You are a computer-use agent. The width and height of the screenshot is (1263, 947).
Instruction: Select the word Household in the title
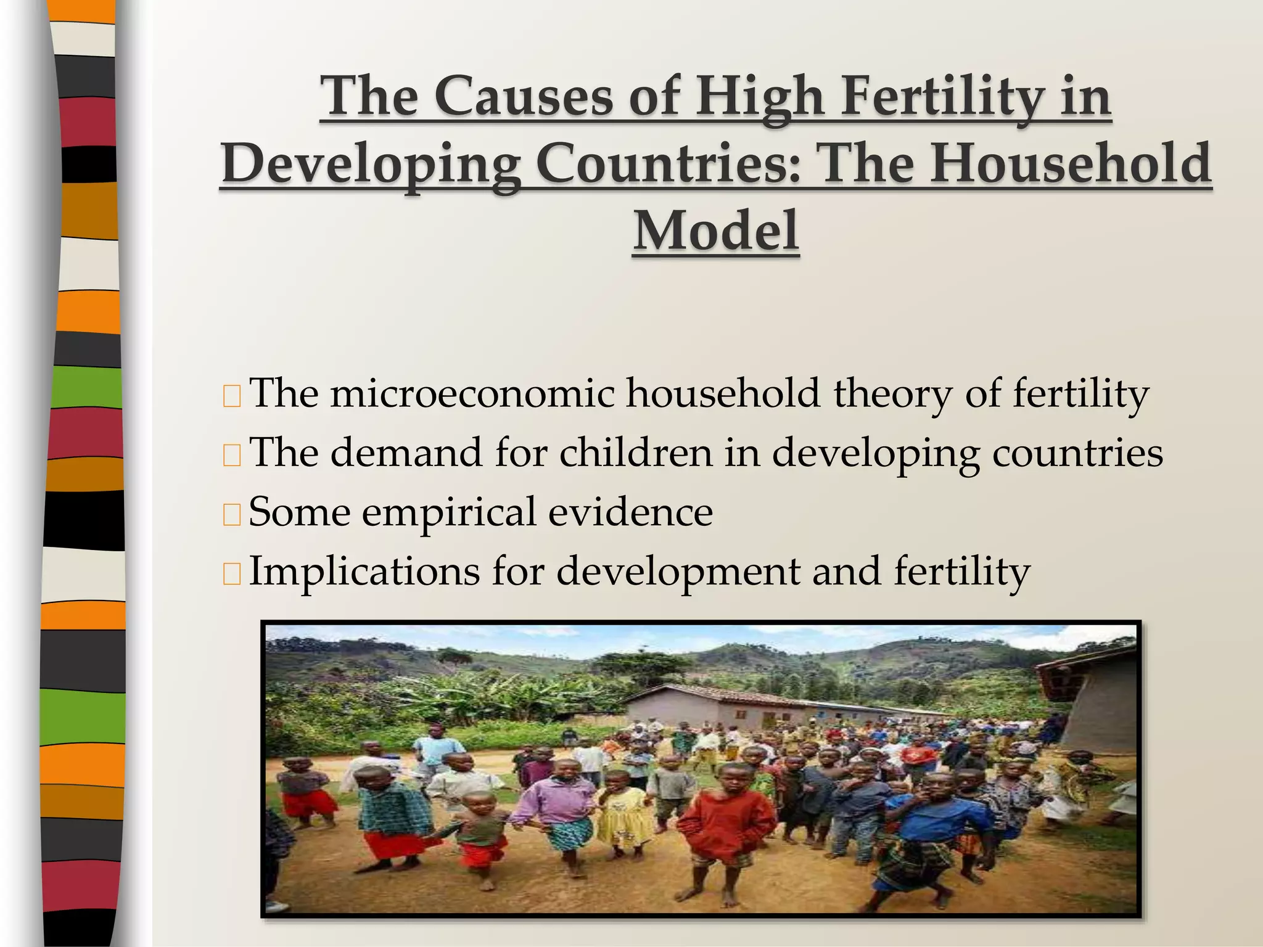(x=1071, y=163)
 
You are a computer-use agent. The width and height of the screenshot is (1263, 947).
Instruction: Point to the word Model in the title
(x=716, y=231)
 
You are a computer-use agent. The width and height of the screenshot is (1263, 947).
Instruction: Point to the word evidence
(x=630, y=512)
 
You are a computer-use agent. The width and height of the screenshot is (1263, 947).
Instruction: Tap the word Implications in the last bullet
(x=364, y=571)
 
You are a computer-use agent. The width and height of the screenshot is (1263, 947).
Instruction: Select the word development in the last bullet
(x=678, y=571)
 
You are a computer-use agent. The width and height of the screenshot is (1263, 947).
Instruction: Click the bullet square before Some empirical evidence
(x=232, y=514)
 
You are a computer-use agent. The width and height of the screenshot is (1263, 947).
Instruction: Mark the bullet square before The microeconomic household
(x=232, y=395)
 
